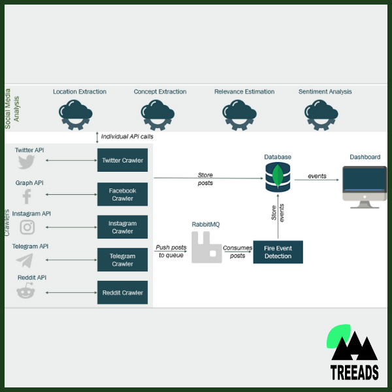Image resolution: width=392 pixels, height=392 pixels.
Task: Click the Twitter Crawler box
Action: tap(122, 160)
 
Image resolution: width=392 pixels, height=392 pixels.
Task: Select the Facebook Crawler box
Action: tap(122, 194)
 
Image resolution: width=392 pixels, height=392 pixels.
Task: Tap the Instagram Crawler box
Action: tap(122, 227)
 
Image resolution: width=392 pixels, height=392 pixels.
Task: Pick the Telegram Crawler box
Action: tap(122, 260)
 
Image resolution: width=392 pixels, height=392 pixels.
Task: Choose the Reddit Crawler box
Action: tap(122, 292)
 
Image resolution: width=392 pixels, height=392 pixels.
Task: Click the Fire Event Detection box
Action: tap(278, 252)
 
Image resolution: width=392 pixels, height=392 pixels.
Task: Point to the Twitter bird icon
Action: tap(26, 162)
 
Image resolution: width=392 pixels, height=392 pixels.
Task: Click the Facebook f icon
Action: tap(27, 196)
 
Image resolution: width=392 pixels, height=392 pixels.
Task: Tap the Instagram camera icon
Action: tap(27, 227)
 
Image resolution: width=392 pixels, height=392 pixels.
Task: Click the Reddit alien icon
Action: tap(26, 292)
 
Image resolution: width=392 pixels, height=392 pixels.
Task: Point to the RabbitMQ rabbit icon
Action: tap(206, 247)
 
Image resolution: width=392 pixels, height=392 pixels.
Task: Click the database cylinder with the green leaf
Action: tap(278, 176)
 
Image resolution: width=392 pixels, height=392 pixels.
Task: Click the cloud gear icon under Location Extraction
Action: tap(78, 115)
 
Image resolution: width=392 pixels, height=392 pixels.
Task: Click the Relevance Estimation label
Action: tap(244, 91)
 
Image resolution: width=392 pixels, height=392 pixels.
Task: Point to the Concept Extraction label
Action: tap(160, 91)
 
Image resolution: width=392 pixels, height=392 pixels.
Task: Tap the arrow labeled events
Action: tap(317, 177)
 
